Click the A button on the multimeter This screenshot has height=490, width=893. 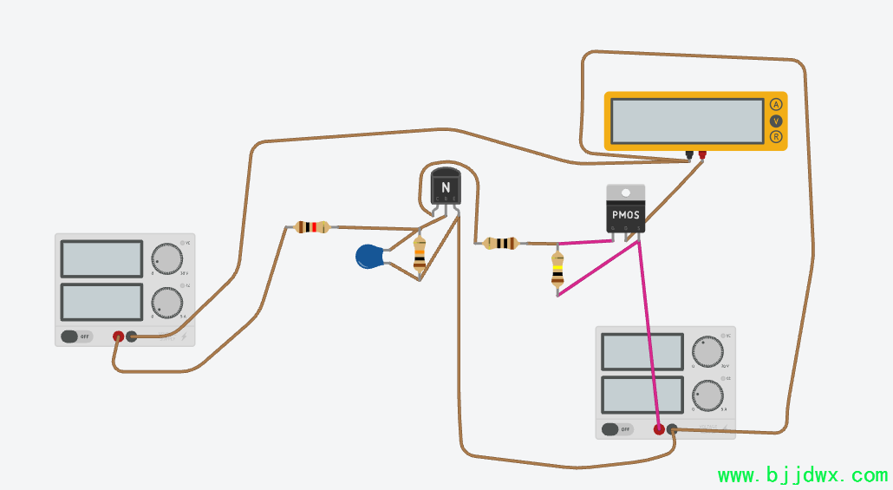(775, 105)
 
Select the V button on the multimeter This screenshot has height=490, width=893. (775, 121)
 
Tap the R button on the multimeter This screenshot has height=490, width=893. (775, 137)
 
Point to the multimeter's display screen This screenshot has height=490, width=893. (687, 121)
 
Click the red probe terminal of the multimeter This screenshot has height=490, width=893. (702, 155)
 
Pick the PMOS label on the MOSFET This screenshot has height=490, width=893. (625, 215)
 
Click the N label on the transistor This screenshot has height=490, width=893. (446, 187)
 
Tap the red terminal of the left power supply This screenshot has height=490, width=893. (118, 336)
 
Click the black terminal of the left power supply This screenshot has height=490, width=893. (132, 336)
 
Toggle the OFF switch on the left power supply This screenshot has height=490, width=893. (76, 336)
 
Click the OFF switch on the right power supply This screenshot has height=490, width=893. (617, 428)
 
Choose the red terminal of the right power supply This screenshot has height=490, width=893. (659, 428)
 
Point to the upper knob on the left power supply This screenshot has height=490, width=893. (166, 258)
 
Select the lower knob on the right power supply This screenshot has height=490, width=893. (707, 396)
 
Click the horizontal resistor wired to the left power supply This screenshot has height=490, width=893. (311, 227)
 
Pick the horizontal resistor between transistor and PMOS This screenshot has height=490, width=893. (500, 243)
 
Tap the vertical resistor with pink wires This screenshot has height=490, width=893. (557, 271)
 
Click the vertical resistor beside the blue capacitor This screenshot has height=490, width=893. (420, 255)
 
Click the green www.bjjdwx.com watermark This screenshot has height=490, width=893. (803, 475)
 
